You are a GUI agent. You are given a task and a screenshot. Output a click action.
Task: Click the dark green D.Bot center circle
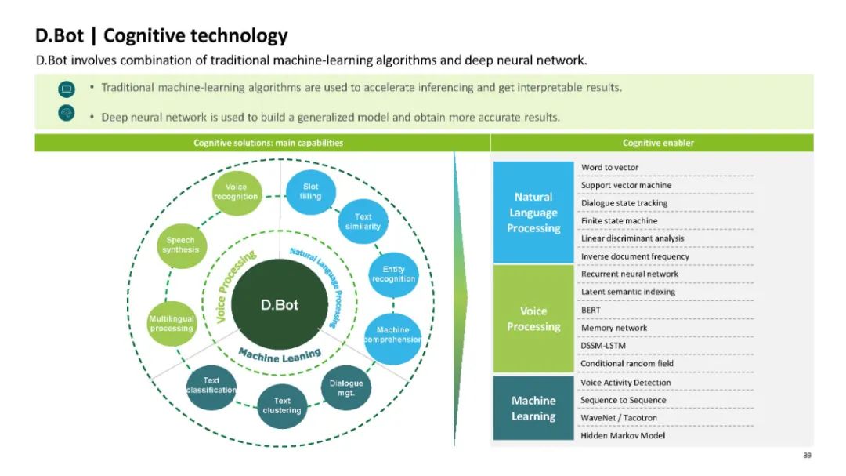point(280,305)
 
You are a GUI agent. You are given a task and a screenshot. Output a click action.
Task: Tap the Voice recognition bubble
point(236,192)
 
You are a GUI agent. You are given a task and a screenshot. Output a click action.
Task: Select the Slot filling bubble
point(311,192)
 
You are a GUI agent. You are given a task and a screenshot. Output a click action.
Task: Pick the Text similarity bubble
point(363,222)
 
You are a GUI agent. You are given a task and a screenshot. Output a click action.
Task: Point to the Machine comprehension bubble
point(392,335)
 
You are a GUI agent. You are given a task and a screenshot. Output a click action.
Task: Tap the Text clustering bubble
point(282,405)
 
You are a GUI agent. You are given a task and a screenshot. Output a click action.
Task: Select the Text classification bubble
point(211,386)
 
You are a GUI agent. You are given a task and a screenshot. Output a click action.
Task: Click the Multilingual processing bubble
point(172,324)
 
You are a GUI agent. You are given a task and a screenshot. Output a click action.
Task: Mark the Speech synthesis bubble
point(181,245)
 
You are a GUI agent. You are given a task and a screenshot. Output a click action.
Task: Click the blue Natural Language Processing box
point(533,213)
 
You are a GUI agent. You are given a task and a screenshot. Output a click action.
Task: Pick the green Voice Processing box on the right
point(533,318)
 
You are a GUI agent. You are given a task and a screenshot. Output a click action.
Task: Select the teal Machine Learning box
point(533,408)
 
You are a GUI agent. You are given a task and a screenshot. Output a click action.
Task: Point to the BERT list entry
point(591,310)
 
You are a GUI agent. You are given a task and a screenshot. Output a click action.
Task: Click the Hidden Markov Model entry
point(623,435)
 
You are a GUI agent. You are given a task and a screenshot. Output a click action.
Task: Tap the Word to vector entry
point(609,167)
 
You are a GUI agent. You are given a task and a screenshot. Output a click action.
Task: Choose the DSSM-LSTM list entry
point(603,346)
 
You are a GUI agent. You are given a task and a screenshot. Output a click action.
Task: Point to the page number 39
point(808,456)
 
